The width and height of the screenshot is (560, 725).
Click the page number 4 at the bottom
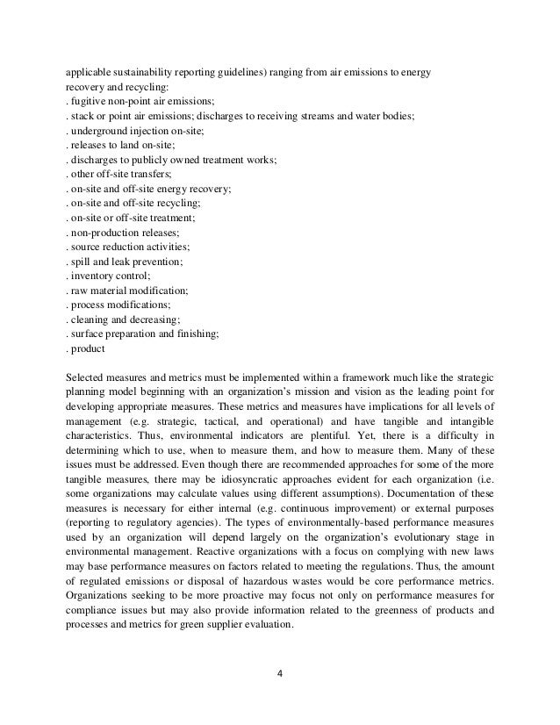pos(280,674)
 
